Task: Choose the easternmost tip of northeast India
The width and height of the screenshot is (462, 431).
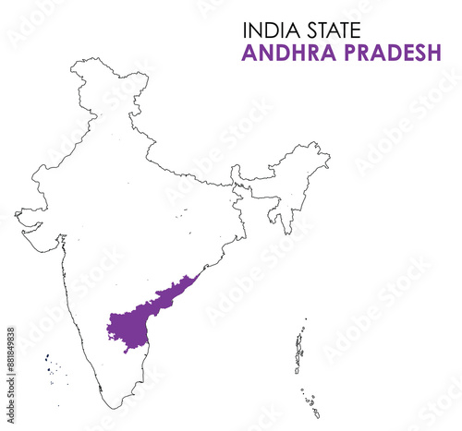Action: pos(329,157)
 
